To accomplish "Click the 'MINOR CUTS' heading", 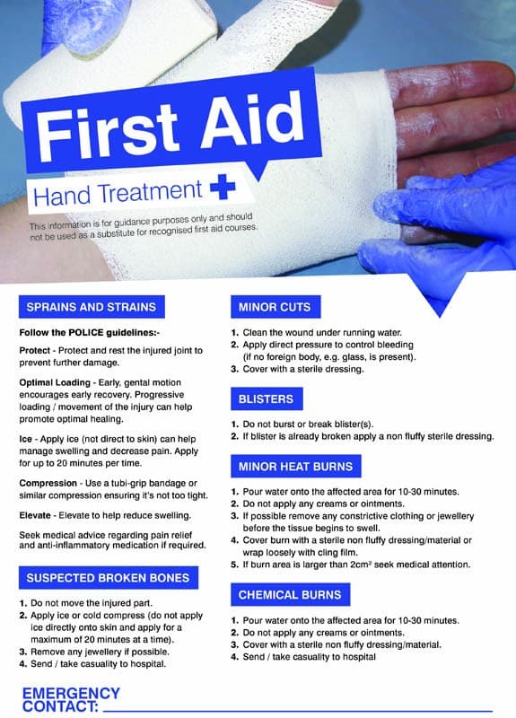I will tap(275, 307).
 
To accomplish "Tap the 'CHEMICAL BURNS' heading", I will tap(289, 595).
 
